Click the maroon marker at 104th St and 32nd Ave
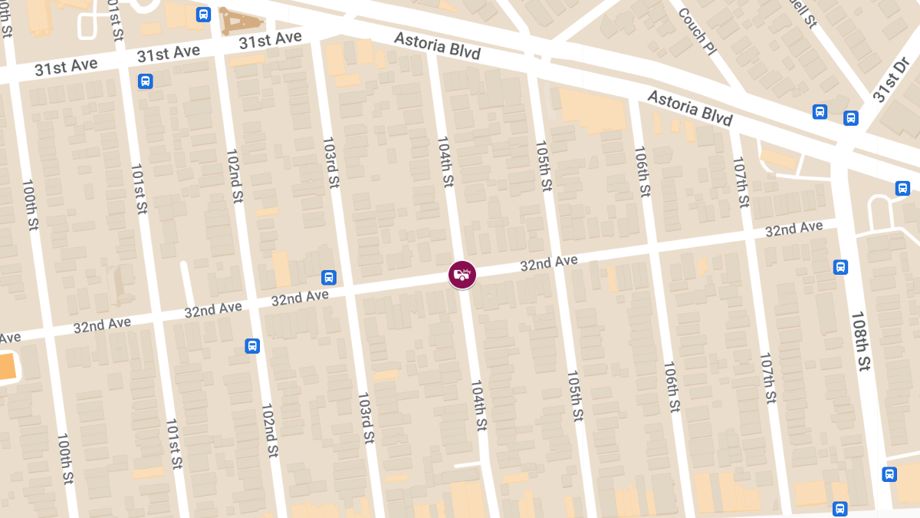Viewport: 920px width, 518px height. click(462, 274)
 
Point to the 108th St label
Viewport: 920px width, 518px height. click(861, 341)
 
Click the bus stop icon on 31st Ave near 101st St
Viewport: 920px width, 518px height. click(145, 81)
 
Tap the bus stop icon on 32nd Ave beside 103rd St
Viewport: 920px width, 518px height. click(328, 277)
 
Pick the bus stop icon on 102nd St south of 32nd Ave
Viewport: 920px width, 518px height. click(252, 346)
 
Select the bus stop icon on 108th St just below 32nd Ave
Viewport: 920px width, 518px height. click(840, 267)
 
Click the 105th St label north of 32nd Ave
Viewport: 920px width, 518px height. click(543, 166)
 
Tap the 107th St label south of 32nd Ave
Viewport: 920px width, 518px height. click(768, 379)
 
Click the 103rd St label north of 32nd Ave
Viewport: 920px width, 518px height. click(331, 162)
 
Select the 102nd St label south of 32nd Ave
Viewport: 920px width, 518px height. click(269, 431)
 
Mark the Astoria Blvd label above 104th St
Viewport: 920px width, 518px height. click(437, 45)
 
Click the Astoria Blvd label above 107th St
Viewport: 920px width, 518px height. click(689, 108)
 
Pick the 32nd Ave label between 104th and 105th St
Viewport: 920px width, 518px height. click(548, 263)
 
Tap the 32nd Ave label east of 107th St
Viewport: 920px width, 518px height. click(793, 229)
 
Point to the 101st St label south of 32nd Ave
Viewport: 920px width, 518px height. click(174, 444)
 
